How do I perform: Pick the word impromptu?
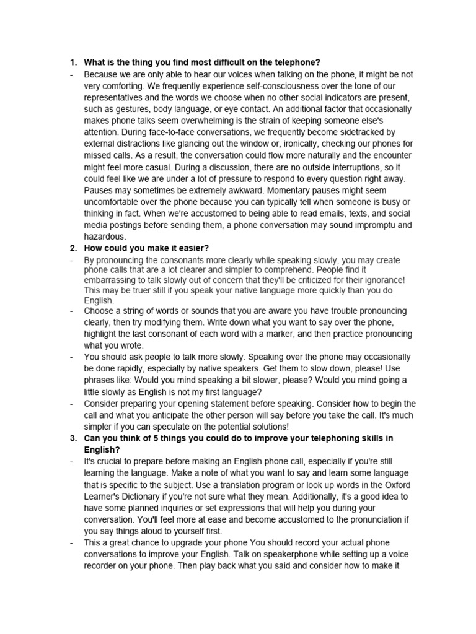click(377, 225)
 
